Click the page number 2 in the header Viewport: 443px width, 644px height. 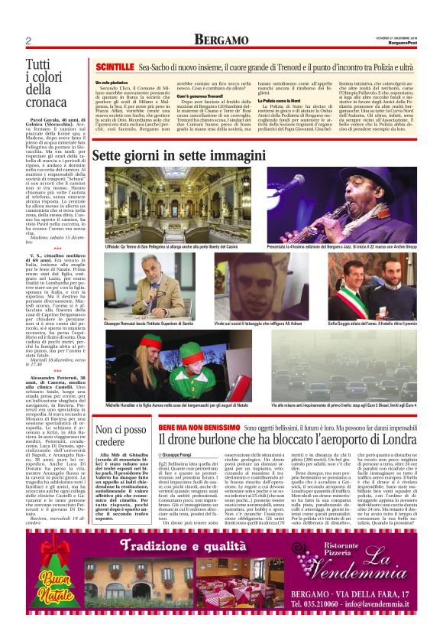[x=28, y=41]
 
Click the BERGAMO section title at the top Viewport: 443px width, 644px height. [x=221, y=40]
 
